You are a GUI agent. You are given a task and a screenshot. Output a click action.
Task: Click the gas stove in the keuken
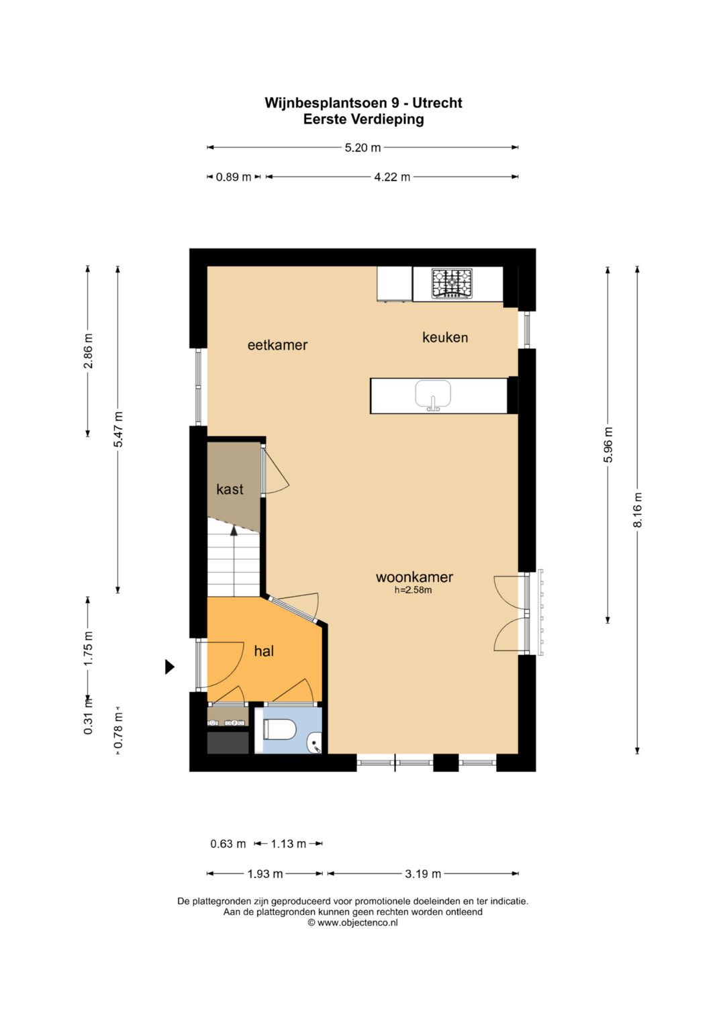pos(451,283)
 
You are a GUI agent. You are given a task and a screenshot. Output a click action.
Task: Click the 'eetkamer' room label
pos(277,345)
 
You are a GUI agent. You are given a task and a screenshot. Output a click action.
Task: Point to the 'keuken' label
pos(445,338)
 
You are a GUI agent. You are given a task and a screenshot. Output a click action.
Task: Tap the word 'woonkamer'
pos(414,577)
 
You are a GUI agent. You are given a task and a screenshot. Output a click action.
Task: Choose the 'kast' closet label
pos(230,489)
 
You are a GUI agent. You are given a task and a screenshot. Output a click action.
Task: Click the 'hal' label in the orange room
pos(264,650)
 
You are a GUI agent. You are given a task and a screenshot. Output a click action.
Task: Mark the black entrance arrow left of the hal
pos(170,667)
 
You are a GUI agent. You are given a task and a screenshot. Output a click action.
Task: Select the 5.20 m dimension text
pos(362,148)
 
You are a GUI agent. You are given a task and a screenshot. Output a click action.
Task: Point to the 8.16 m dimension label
pos(638,509)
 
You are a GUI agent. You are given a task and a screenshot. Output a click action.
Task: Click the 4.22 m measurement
pos(392,177)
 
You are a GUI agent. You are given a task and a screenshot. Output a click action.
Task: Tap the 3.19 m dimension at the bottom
pos(423,874)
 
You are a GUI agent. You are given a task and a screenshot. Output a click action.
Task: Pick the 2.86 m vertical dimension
pos(88,351)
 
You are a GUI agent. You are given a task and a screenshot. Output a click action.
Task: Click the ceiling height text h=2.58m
pos(414,590)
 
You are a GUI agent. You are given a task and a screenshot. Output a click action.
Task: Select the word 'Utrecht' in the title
pos(437,103)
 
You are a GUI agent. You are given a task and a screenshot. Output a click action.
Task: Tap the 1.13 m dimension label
pos(289,843)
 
